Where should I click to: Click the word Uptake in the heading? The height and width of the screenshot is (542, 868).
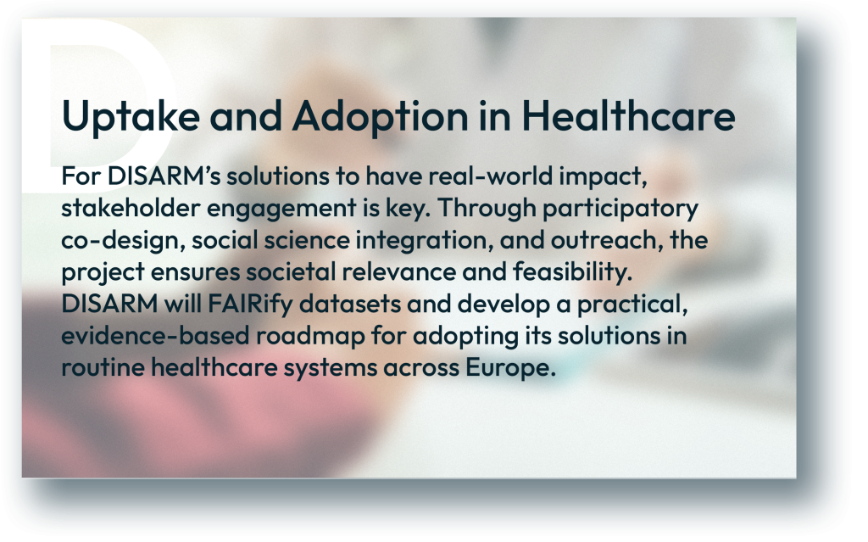(x=131, y=117)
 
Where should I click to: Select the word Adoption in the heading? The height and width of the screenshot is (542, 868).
(x=381, y=117)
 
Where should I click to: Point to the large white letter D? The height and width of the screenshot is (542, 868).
(x=105, y=105)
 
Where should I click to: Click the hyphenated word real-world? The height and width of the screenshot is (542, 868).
(x=491, y=176)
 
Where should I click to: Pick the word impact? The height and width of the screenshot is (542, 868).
(x=603, y=177)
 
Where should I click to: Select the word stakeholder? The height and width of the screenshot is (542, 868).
(x=131, y=209)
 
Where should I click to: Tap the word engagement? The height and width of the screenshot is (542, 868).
(x=281, y=210)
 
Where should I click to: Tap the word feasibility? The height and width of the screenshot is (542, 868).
(x=572, y=273)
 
